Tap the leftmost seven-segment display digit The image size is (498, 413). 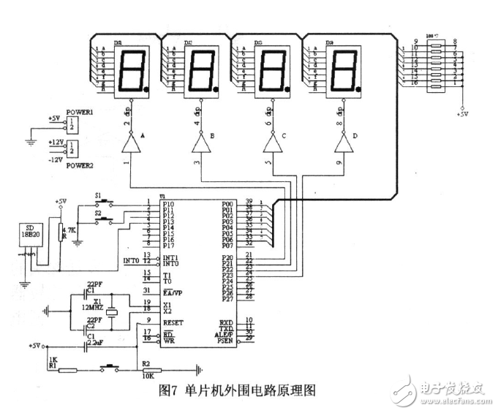click(x=128, y=70)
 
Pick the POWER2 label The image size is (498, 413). click(x=80, y=166)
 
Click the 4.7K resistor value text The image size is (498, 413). click(x=75, y=230)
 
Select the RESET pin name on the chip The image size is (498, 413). click(x=174, y=322)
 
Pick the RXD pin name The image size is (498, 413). click(x=227, y=322)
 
